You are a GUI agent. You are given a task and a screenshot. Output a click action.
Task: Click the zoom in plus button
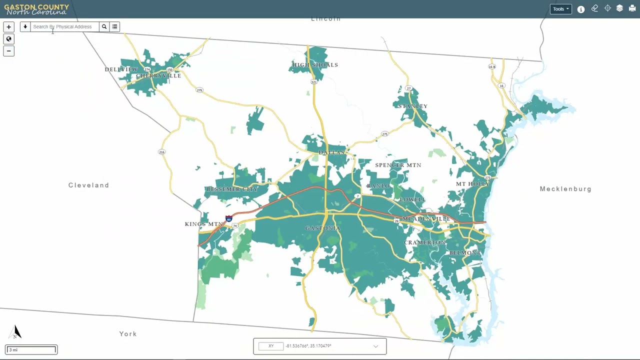pyautogui.click(x=8, y=27)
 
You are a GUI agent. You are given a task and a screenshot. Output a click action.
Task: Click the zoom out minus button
pyautogui.click(x=8, y=51)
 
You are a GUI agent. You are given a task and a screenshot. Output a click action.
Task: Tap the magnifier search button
pyautogui.click(x=104, y=27)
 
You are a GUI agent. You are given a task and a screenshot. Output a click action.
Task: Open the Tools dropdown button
pyautogui.click(x=560, y=9)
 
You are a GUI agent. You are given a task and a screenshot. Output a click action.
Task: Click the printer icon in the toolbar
pyautogui.click(x=632, y=8)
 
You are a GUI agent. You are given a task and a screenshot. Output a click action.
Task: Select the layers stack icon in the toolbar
pyautogui.click(x=619, y=8)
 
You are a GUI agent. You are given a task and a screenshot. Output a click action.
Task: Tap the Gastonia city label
pyautogui.click(x=322, y=228)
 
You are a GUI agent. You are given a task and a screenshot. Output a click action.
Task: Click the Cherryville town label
pyautogui.click(x=158, y=76)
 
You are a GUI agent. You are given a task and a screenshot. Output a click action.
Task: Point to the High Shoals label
pyautogui.click(x=315, y=65)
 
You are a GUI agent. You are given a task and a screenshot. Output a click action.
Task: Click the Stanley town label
pyautogui.click(x=412, y=106)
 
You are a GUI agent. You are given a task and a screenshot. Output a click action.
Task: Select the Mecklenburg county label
pyautogui.click(x=565, y=189)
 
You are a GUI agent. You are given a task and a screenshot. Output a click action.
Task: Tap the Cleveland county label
pyautogui.click(x=88, y=185)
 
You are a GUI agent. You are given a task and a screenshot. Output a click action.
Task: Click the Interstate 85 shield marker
pyautogui.click(x=228, y=219)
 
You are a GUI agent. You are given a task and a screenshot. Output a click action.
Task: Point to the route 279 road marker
pyautogui.click(x=199, y=90)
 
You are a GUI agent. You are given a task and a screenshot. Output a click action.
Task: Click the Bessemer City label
pyautogui.click(x=231, y=189)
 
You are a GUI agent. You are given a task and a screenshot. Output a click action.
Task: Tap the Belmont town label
pyautogui.click(x=464, y=253)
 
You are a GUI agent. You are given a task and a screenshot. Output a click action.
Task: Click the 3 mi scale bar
pyautogui.click(x=31, y=349)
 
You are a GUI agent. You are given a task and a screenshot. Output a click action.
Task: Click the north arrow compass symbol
pyautogui.click(x=16, y=332)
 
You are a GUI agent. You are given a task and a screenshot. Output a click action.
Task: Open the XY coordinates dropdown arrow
pyautogui.click(x=375, y=346)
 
